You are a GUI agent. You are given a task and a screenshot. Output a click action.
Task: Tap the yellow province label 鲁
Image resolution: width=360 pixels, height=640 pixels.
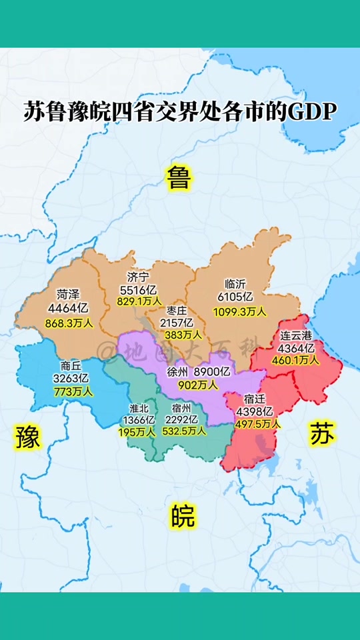pyautogui.click(x=179, y=177)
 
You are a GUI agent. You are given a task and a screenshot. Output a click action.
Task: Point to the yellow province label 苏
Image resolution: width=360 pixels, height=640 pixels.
pyautogui.click(x=323, y=433)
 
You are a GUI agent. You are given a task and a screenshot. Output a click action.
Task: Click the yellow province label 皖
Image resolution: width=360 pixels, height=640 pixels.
pyautogui.click(x=182, y=516)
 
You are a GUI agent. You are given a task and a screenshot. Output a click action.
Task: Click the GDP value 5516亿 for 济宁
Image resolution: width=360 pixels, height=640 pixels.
pyautogui.click(x=138, y=289)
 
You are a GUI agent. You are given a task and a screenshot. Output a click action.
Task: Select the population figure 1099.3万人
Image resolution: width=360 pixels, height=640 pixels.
pyautogui.click(x=239, y=311)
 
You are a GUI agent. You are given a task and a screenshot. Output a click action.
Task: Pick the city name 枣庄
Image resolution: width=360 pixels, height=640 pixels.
pyautogui.click(x=176, y=311)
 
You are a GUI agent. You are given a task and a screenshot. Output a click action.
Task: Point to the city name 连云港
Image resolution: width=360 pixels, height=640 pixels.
pyautogui.click(x=295, y=335)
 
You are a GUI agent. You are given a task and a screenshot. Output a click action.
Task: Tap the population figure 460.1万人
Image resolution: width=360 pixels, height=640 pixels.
pyautogui.click(x=295, y=360)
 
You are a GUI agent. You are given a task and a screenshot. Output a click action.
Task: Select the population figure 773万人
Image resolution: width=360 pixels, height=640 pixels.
pyautogui.click(x=72, y=391)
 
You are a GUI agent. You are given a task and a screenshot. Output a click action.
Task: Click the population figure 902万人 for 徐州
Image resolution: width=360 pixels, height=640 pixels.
pyautogui.click(x=197, y=384)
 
